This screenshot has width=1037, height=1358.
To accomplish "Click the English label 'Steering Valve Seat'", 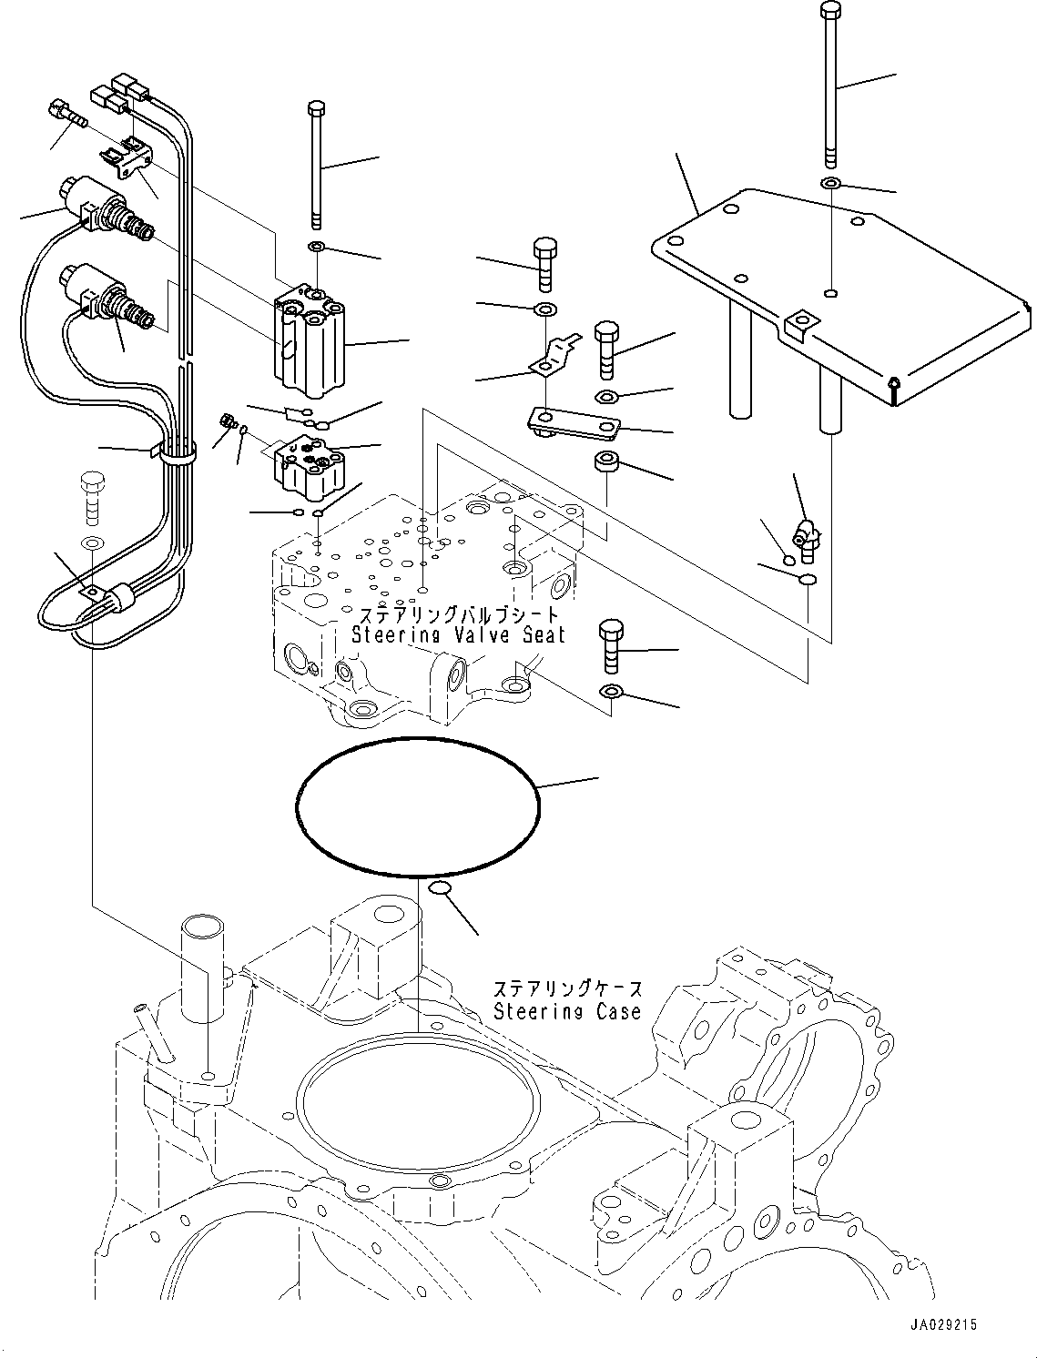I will [458, 634].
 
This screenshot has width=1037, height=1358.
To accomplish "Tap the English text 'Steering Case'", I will [566, 1011].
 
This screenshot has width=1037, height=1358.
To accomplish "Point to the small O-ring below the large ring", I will [439, 887].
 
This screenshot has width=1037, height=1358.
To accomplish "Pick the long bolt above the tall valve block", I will [316, 164].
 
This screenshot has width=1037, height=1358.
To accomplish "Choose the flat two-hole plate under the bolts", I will [574, 421].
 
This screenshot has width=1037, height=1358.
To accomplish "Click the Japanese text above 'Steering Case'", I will [566, 989].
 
